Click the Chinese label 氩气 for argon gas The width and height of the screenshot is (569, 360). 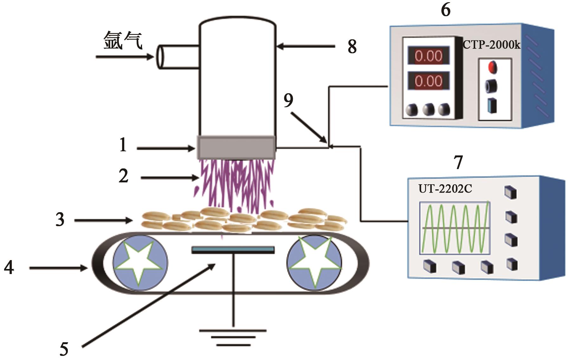click(123, 41)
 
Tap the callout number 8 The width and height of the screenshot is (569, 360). click(352, 47)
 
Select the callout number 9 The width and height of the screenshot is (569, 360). click(288, 101)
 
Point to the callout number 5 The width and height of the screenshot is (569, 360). click(64, 349)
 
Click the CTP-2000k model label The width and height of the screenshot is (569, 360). click(491, 45)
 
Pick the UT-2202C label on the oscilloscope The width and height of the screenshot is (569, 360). click(445, 189)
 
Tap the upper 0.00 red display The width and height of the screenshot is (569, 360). click(428, 56)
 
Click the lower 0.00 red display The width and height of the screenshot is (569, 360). click(428, 81)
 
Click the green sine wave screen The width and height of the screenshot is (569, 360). click(455, 228)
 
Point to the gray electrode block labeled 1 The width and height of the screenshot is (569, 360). click(236, 147)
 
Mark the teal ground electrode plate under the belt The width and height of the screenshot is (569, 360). click(233, 250)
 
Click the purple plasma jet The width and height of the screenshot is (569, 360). click(236, 184)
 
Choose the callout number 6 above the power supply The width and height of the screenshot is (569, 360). click(445, 10)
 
